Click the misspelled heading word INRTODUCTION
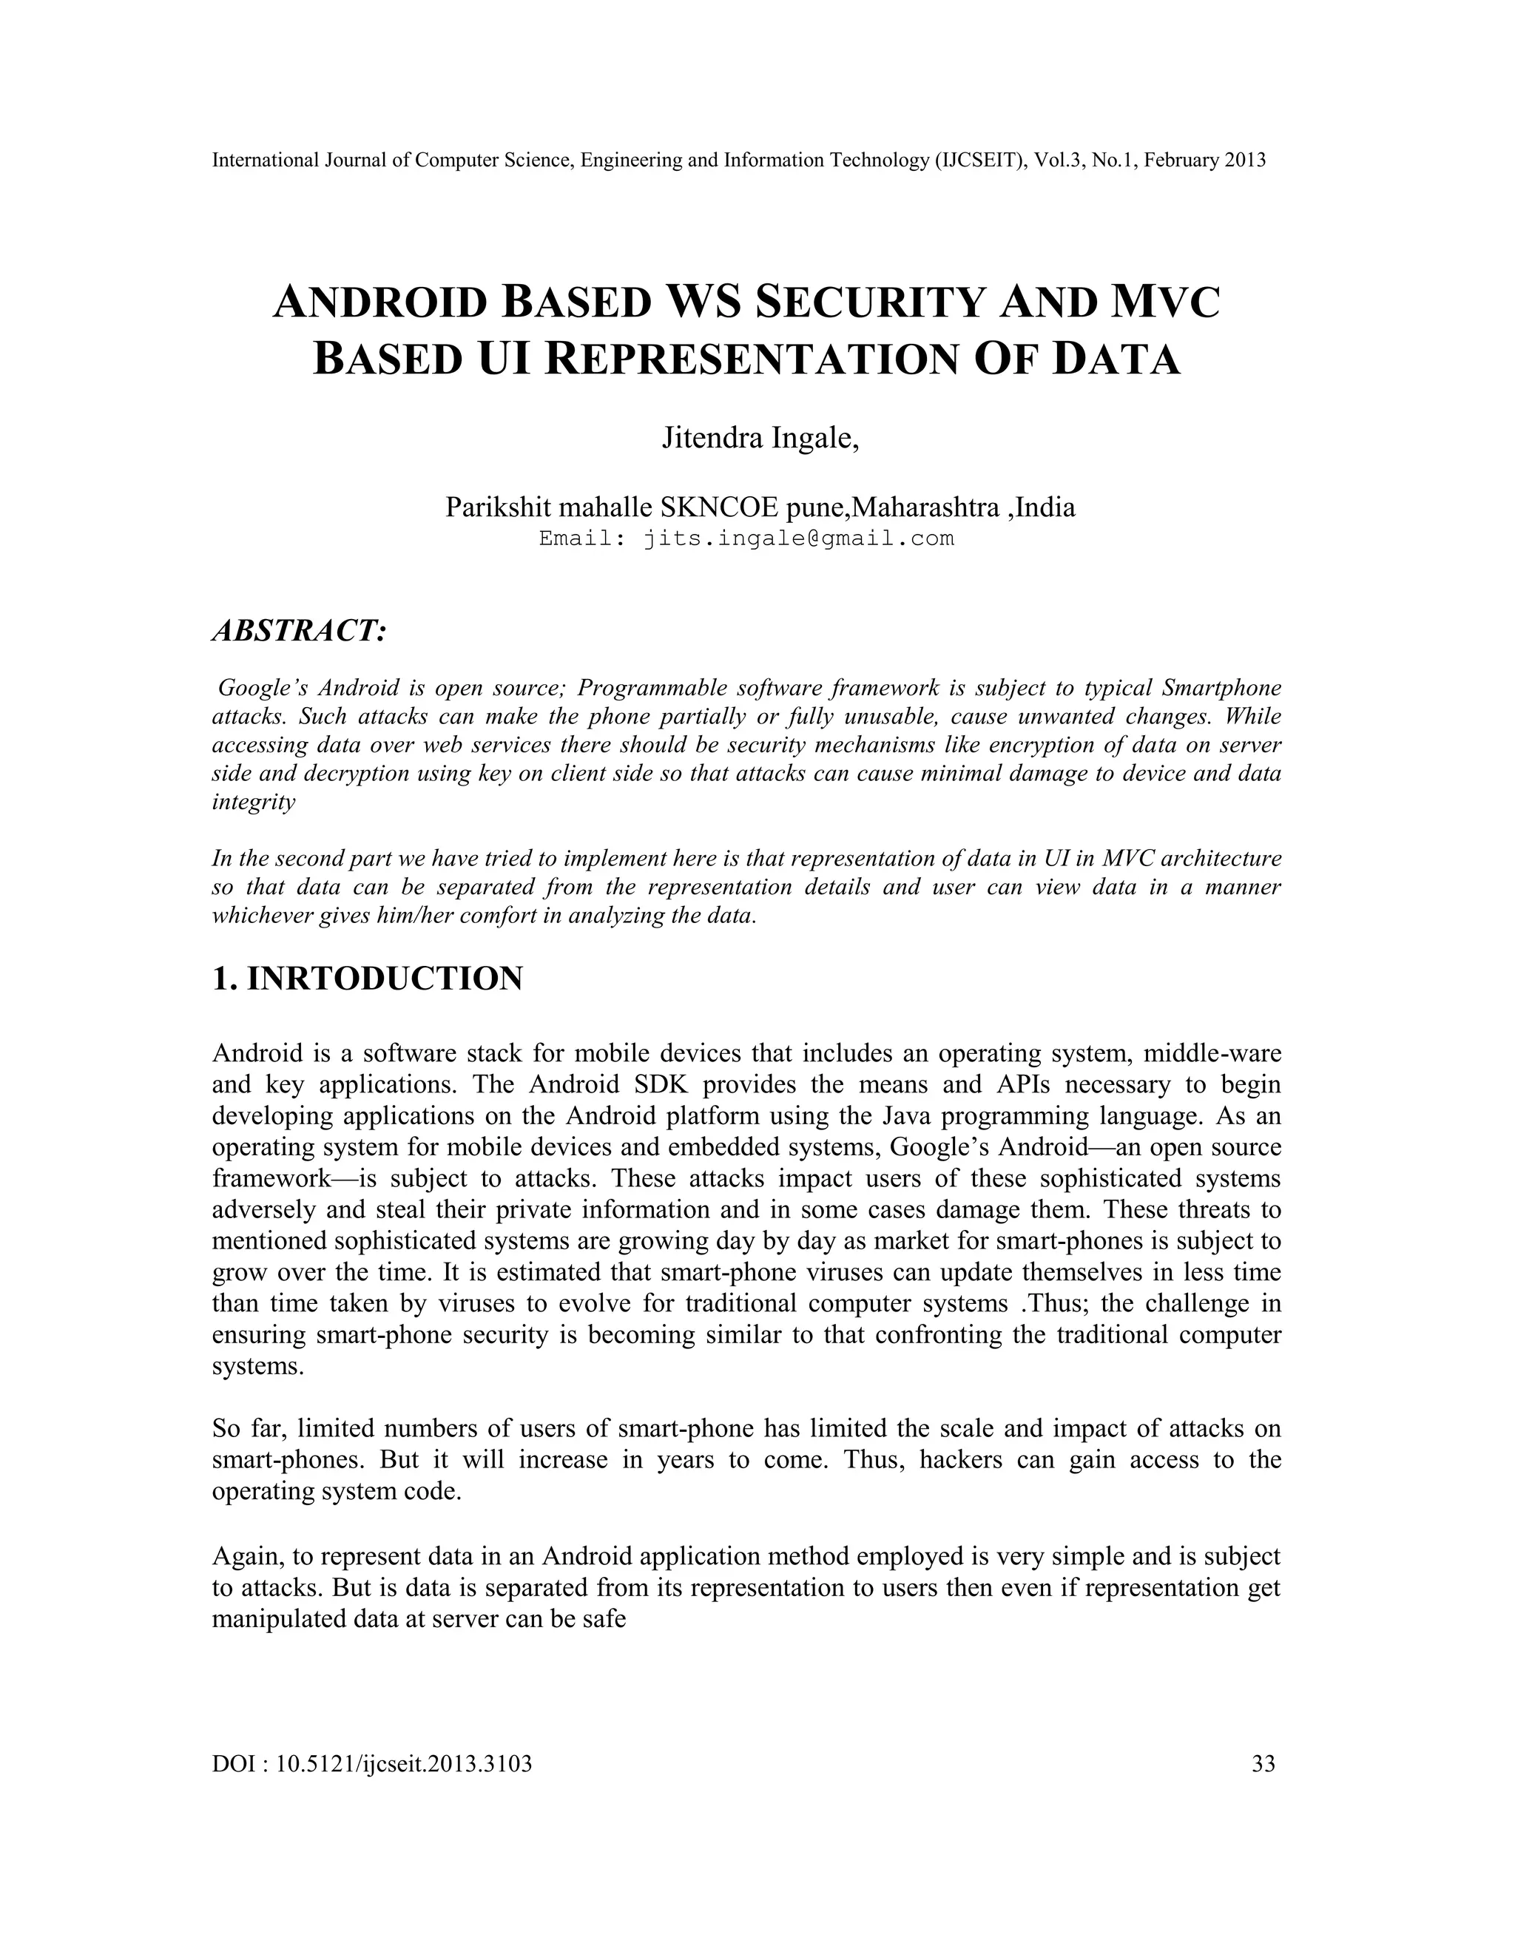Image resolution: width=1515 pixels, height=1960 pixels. [x=384, y=979]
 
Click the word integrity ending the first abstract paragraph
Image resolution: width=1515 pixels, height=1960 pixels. [x=253, y=802]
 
